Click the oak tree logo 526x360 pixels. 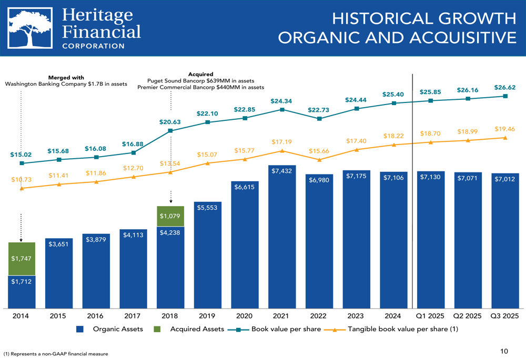pos(30,29)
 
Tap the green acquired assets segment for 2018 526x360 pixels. pos(170,216)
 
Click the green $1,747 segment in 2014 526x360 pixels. pos(22,259)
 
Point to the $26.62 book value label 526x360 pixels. pos(504,87)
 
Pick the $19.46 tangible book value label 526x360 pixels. pos(504,129)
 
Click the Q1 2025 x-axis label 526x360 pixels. pos(430,316)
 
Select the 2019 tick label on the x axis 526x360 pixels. pos(207,316)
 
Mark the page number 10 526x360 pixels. pos(504,351)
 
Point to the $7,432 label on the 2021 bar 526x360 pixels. pos(282,171)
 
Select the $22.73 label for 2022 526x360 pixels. pos(319,110)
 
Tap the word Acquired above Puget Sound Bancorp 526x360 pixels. pos(200,75)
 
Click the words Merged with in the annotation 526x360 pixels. pos(66,78)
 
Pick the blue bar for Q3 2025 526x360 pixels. pos(505,242)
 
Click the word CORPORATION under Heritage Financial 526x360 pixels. pos(93,46)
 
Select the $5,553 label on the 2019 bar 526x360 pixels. pos(207,208)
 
